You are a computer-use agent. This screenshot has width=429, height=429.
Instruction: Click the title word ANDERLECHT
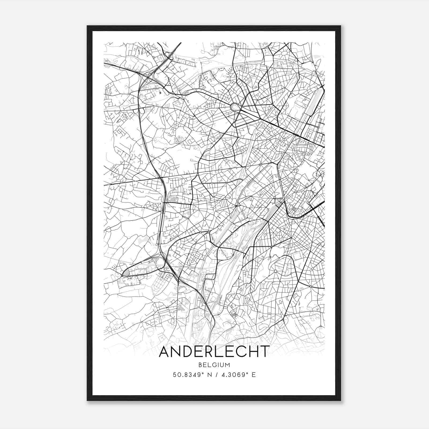pos(214,352)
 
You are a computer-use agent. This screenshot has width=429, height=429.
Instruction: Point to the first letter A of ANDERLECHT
pos(164,352)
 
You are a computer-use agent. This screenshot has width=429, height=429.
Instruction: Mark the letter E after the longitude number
pos(254,375)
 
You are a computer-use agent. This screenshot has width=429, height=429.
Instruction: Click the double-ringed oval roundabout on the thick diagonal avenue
pos(235,107)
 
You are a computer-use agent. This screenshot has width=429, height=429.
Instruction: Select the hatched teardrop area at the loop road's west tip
pos(126,273)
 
